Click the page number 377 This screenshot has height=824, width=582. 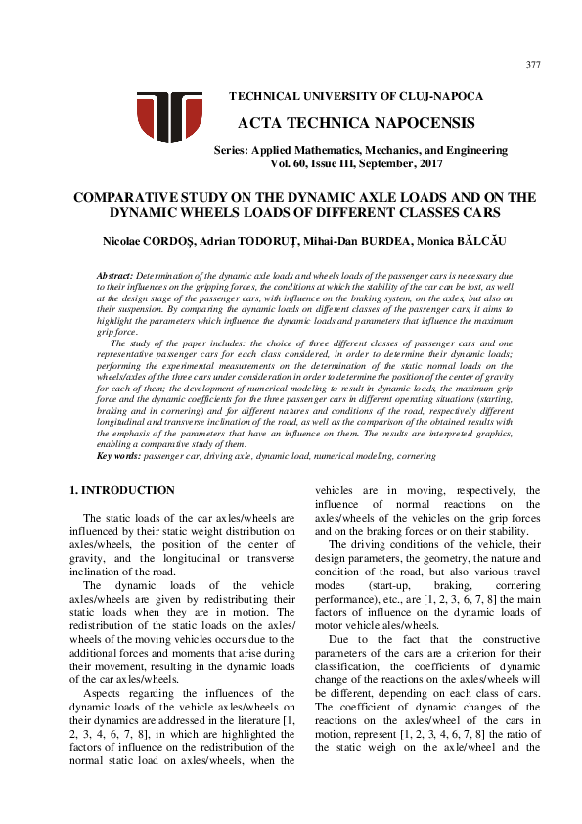pos(532,65)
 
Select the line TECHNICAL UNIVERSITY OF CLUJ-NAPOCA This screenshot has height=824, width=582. pos(355,96)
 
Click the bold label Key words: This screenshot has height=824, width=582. pos(118,456)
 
